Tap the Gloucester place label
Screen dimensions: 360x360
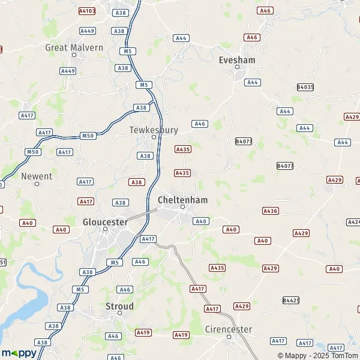(x=105, y=221)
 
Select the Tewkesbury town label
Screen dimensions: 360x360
(x=154, y=129)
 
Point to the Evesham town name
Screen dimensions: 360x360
(x=238, y=60)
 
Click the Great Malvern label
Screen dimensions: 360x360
(x=74, y=47)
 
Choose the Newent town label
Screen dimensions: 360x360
(x=37, y=176)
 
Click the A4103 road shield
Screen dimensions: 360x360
(x=87, y=11)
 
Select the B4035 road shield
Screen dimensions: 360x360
(x=305, y=87)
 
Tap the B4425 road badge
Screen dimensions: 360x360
(x=291, y=299)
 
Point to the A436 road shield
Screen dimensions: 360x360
(x=271, y=211)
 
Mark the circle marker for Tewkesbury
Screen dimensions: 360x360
(x=154, y=137)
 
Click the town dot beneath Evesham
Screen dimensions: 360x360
(x=238, y=67)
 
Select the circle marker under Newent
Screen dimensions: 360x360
(x=37, y=184)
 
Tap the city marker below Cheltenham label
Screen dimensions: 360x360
(x=183, y=207)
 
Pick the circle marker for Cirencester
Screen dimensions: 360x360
(x=229, y=337)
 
